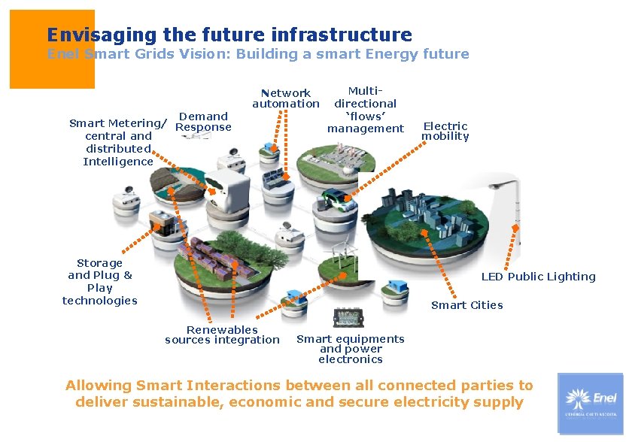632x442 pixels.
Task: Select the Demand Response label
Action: coord(203,122)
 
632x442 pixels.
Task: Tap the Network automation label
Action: coord(286,98)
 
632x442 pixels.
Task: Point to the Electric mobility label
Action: coord(445,132)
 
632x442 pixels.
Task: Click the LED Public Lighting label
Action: coord(538,277)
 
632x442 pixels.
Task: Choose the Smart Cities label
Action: coord(466,305)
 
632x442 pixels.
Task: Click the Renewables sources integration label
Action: coord(222,335)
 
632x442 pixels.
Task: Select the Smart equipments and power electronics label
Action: coord(350,349)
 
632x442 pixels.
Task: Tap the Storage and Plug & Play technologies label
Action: coord(100,282)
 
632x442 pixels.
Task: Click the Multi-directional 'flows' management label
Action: coord(366,110)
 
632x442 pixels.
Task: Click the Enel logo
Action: coord(590,403)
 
